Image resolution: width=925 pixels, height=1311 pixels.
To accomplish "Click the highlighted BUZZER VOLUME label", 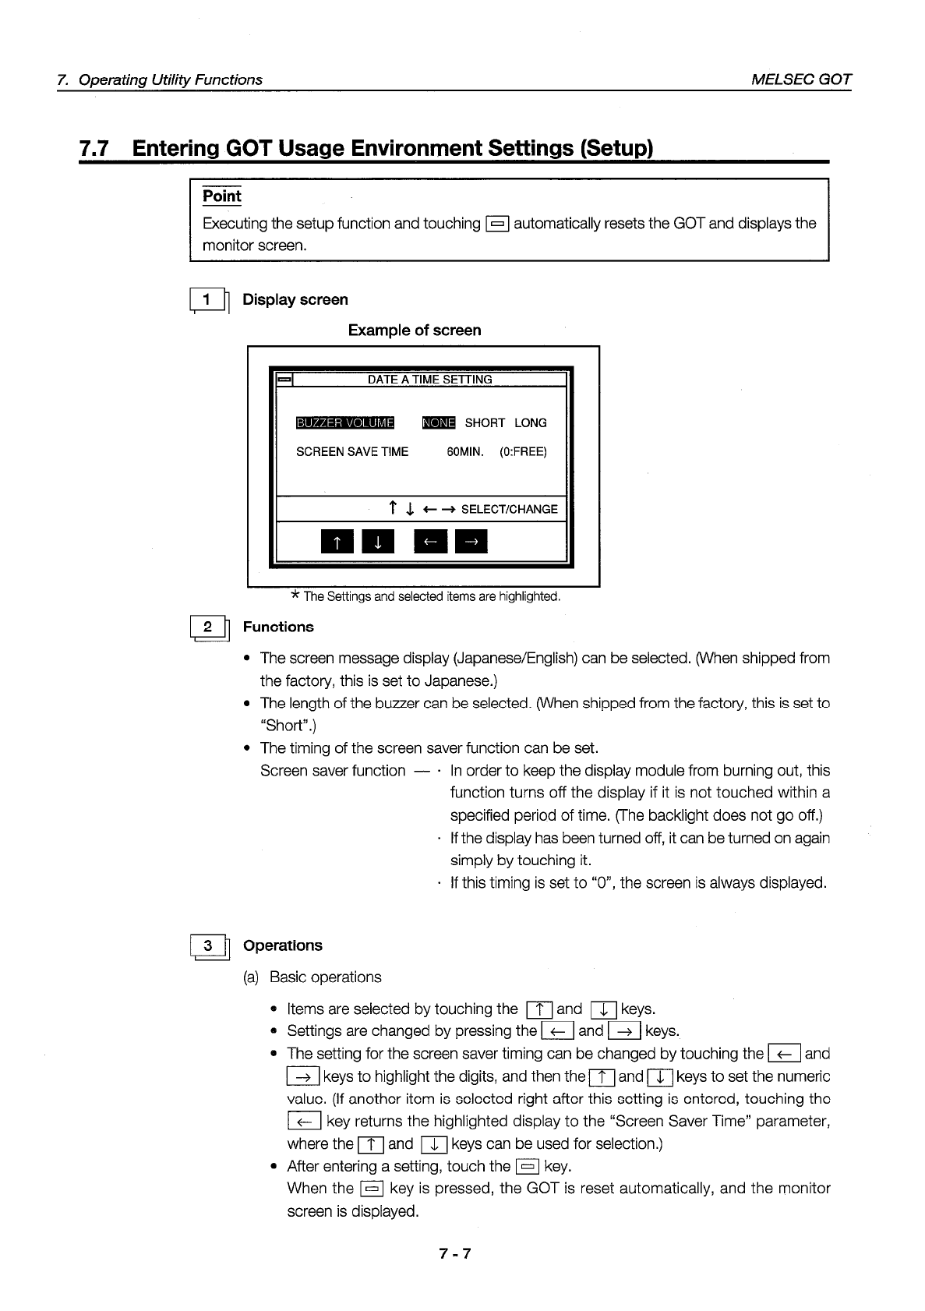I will pos(345,423).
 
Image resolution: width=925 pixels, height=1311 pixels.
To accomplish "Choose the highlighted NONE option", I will pos(438,423).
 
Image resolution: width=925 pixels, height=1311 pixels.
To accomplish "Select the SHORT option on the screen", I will pos(485,423).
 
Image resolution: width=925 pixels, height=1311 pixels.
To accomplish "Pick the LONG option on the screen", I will pos(531,423).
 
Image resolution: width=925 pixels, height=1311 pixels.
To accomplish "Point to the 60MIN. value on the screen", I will pos(465,452).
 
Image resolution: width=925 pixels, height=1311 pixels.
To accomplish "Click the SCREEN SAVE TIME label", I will pos(352,452).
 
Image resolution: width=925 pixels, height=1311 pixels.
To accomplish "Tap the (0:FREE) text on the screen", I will pos(523,452).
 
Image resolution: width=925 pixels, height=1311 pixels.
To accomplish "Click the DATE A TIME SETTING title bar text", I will pos(429,380).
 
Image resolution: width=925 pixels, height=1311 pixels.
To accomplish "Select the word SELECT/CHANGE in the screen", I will pos(510,510).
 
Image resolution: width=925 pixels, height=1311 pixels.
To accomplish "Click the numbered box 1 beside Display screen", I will pos(207,300).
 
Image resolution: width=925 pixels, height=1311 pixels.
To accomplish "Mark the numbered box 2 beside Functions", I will pos(207,627).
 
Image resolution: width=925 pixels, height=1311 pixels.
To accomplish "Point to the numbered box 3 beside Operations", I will pos(207,946).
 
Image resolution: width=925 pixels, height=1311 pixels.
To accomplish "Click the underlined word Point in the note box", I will pos(222,196).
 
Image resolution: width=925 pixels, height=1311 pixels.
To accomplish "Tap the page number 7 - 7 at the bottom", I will pos(456,1254).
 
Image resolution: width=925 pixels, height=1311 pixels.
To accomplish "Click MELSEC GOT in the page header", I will pos(801,80).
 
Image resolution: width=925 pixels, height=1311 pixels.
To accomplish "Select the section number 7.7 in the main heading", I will pos(94,148).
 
